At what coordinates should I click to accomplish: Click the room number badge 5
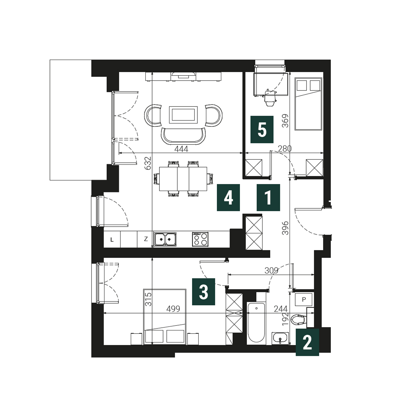(262, 129)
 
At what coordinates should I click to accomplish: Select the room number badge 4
(228, 197)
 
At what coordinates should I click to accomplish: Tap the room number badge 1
(268, 197)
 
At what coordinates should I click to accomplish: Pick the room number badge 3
(203, 292)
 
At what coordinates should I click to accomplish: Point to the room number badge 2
(307, 342)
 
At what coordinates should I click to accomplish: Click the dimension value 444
(181, 149)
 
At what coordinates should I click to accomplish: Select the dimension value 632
(148, 163)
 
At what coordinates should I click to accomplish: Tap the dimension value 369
(285, 121)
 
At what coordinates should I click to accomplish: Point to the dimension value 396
(285, 228)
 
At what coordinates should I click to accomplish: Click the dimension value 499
(173, 309)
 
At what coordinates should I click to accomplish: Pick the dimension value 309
(272, 271)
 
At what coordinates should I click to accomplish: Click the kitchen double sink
(165, 239)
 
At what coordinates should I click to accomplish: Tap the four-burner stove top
(200, 239)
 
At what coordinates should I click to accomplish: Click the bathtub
(256, 323)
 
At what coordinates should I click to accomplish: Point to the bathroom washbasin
(280, 338)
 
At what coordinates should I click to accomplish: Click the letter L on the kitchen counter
(112, 240)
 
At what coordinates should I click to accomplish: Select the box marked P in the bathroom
(304, 300)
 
